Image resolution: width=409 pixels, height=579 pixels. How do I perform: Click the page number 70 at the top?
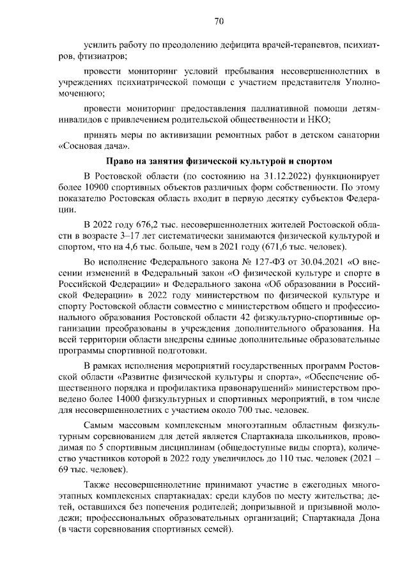point(219,22)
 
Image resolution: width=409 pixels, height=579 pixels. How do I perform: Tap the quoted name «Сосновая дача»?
point(87,145)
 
